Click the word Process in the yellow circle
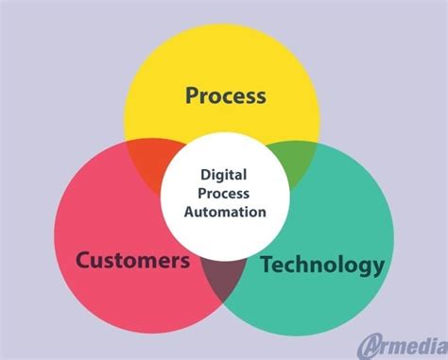(225, 95)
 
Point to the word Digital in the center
(225, 173)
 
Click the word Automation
(225, 212)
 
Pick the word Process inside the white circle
(225, 193)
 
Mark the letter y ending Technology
(378, 266)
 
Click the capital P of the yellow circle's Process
(192, 95)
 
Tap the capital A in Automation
(189, 212)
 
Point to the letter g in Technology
(365, 266)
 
